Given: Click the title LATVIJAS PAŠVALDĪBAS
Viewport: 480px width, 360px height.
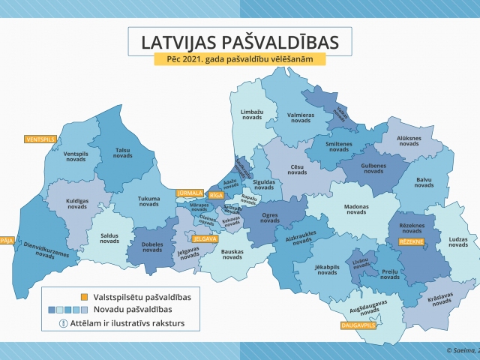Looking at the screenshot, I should click(x=240, y=41).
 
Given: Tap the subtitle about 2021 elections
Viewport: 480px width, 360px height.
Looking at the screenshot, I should click(x=240, y=60).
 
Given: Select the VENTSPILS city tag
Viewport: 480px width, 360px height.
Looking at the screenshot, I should click(x=40, y=139).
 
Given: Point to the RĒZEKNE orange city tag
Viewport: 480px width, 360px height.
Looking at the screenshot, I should click(x=412, y=241).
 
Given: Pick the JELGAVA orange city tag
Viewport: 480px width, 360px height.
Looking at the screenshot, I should click(x=205, y=239).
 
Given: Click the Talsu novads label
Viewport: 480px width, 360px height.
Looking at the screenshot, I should click(x=122, y=152).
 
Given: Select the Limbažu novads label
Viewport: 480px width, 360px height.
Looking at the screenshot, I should click(x=253, y=115).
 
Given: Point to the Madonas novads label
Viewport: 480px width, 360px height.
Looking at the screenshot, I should click(x=346, y=210).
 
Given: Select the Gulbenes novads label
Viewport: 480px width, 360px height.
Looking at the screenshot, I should click(x=363, y=168).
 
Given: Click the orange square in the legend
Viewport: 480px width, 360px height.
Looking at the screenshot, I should click(x=52, y=297).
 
